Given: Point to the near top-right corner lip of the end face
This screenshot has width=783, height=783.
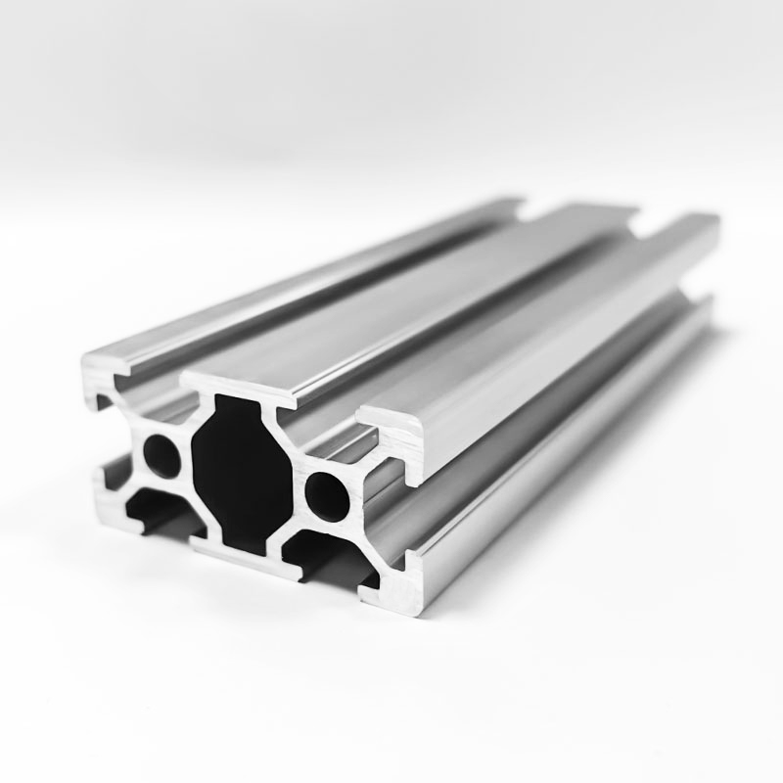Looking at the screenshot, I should (x=396, y=431).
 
